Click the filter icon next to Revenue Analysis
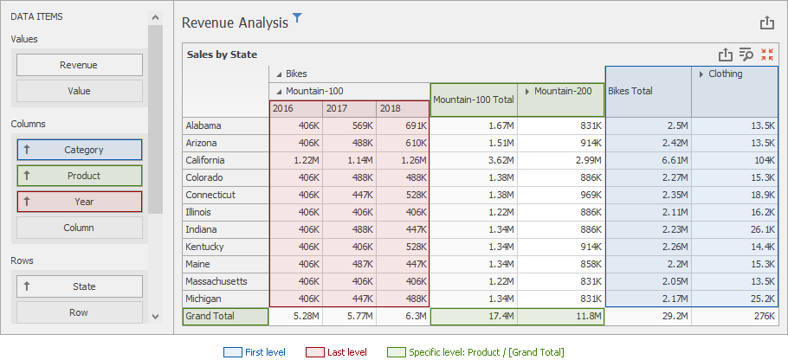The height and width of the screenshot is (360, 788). (x=298, y=17)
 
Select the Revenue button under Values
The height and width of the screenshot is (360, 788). (x=79, y=65)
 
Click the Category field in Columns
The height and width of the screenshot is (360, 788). (x=79, y=150)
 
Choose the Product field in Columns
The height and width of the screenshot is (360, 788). (x=79, y=176)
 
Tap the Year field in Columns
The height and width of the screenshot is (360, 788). (x=79, y=202)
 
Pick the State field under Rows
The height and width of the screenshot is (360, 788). (x=79, y=286)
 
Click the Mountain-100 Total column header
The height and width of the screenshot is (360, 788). (x=473, y=100)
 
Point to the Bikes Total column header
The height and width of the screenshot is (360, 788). (x=630, y=91)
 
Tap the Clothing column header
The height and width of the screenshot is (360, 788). (x=726, y=74)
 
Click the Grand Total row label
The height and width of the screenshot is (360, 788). (x=210, y=317)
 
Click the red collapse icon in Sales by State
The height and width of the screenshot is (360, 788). (x=767, y=55)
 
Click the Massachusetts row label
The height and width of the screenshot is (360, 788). (x=216, y=281)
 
